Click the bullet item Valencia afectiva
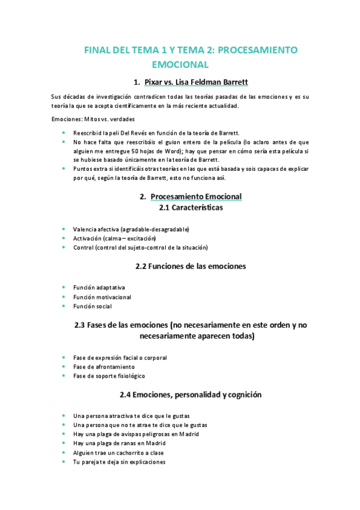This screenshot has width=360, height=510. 131,229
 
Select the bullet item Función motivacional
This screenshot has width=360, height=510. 102,297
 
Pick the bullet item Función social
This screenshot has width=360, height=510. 93,306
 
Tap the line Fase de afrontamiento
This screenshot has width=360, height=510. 104,367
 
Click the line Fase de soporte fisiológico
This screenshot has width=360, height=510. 109,376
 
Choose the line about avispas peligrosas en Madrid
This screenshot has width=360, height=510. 136,434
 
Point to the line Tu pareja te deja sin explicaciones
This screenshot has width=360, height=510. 119,462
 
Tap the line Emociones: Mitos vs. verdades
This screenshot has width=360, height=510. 93,118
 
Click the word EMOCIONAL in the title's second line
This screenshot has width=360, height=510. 180,64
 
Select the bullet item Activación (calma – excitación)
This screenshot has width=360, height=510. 114,238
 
